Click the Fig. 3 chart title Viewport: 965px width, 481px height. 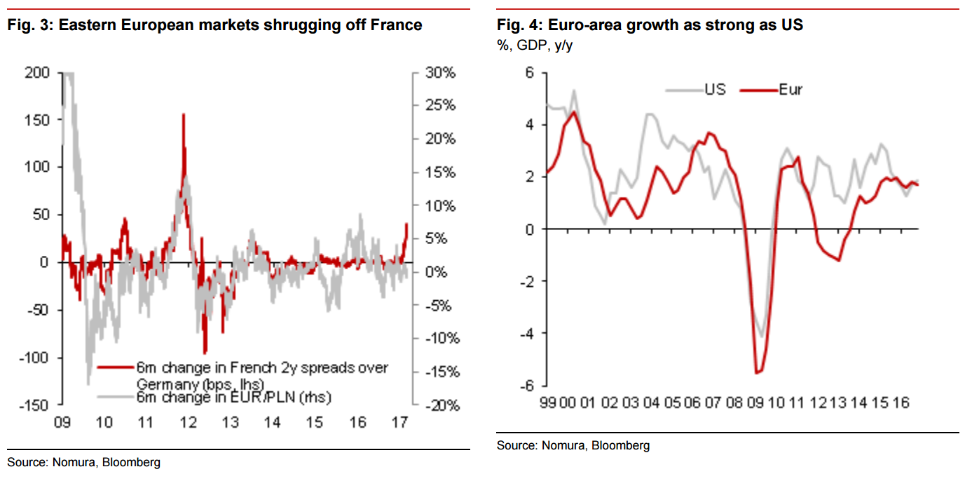(x=214, y=26)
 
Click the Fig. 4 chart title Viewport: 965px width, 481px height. (x=650, y=26)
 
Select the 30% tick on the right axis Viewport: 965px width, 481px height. (x=442, y=73)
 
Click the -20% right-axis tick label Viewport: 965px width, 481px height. (x=442, y=405)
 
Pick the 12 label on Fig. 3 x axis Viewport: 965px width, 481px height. (x=187, y=423)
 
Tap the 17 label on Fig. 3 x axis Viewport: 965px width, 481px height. (x=399, y=423)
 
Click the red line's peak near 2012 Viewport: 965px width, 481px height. (x=184, y=114)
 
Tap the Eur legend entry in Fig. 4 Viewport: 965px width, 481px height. (x=790, y=90)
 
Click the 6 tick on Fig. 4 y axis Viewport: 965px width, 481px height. (x=530, y=73)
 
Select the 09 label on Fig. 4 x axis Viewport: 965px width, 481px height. (x=755, y=403)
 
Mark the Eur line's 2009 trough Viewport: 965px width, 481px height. (x=757, y=372)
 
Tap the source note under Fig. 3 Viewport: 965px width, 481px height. (x=83, y=462)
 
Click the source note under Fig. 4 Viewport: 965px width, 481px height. (x=573, y=445)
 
